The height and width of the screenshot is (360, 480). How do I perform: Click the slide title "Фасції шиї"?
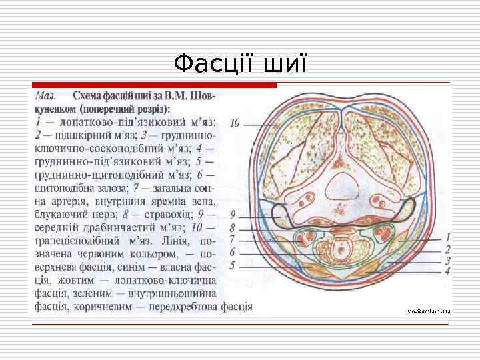[x=240, y=64]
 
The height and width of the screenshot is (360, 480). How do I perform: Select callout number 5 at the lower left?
[x=232, y=266]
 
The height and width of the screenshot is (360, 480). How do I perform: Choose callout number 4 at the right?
[x=448, y=271]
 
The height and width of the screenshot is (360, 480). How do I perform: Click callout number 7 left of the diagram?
[x=232, y=239]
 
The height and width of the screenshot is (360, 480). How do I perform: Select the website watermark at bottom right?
[x=428, y=311]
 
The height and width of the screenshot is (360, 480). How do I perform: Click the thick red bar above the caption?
[x=153, y=85]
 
